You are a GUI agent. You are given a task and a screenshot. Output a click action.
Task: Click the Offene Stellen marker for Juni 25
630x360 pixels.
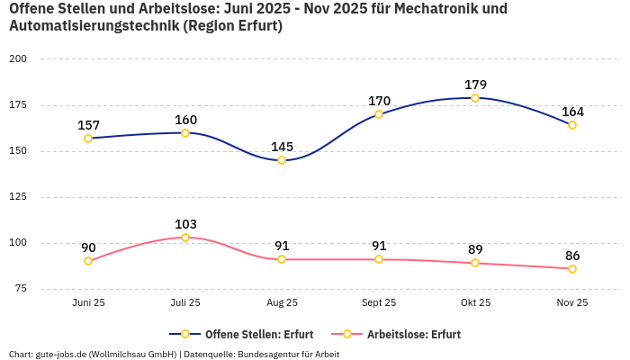[88, 139]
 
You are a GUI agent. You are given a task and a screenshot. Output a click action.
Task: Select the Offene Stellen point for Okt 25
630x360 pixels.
[475, 98]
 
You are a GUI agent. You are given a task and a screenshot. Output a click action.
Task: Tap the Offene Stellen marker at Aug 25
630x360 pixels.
[282, 160]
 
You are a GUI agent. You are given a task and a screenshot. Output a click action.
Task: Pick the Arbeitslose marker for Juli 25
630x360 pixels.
[185, 238]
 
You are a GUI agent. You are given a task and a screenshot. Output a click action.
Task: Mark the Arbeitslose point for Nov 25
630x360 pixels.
[572, 269]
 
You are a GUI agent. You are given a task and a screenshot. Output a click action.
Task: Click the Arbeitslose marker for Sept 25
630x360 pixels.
[379, 259]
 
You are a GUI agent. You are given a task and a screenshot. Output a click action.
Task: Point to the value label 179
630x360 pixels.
[475, 85]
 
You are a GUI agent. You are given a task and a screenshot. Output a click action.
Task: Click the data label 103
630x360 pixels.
[185, 224]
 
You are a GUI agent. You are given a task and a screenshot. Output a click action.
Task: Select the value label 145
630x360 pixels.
[282, 147]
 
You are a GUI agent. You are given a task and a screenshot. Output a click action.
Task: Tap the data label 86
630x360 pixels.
[572, 256]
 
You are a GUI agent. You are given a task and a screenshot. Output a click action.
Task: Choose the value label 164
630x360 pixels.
[572, 112]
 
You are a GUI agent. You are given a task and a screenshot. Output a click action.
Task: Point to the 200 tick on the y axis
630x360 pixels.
[17, 58]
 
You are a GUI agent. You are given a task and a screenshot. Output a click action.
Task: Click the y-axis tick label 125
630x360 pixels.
[17, 197]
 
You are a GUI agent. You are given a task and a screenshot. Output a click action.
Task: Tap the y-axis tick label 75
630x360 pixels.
[20, 289]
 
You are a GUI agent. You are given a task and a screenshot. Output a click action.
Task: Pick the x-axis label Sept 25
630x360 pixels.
[379, 303]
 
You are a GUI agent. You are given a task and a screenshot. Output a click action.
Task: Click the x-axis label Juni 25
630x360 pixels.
[88, 303]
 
